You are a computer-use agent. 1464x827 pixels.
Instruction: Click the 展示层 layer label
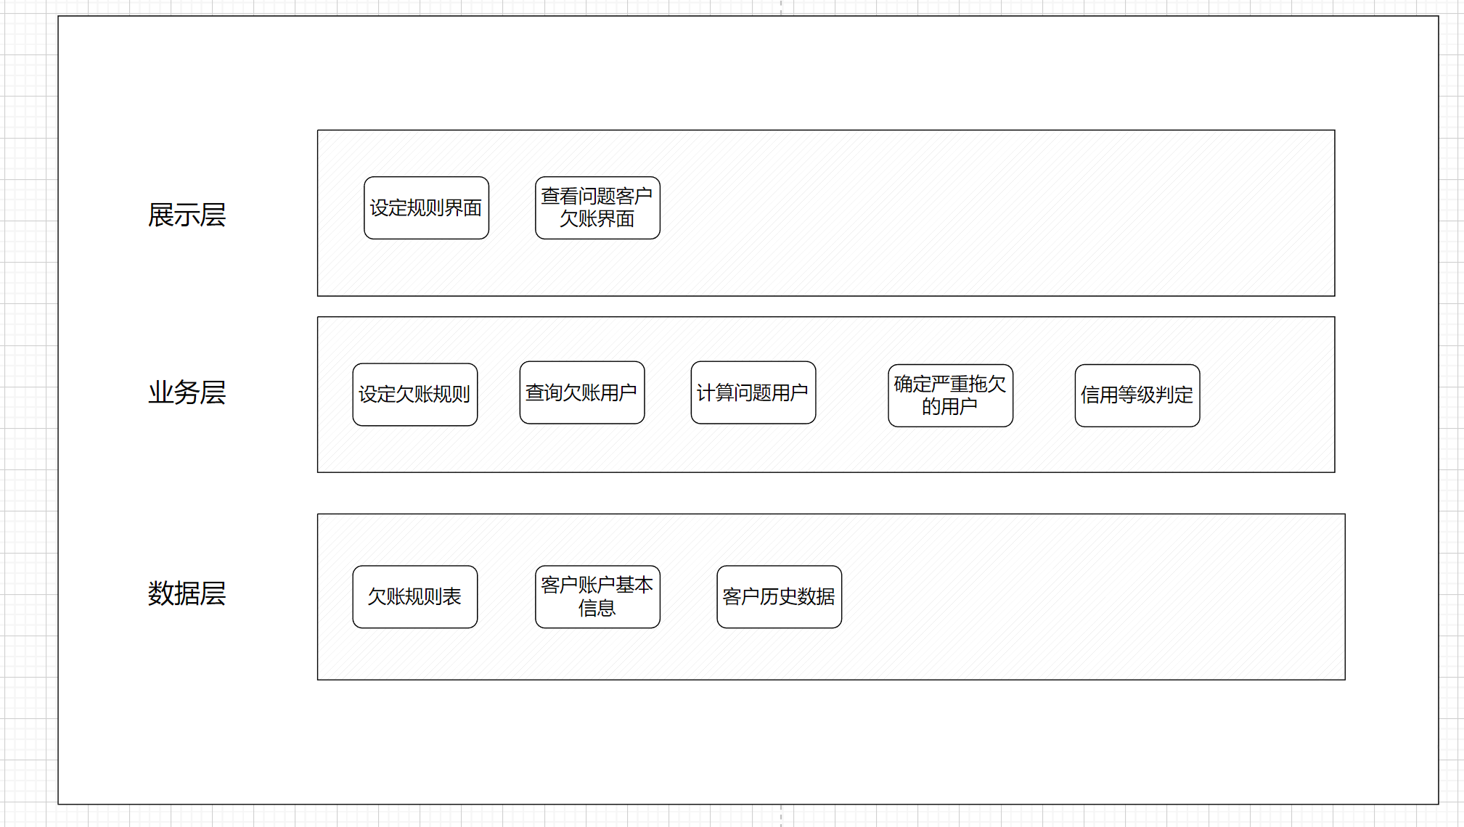click(x=187, y=215)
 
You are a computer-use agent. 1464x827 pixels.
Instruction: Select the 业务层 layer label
click(x=187, y=392)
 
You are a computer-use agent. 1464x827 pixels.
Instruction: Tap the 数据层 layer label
click(x=187, y=593)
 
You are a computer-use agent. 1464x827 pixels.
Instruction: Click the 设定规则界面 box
click(x=426, y=208)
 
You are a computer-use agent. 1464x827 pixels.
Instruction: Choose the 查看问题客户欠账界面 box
click(x=597, y=208)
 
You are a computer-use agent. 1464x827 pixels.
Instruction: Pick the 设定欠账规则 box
click(x=414, y=395)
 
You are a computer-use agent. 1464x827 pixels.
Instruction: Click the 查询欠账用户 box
click(x=581, y=392)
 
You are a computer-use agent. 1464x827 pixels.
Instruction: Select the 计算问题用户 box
click(x=753, y=392)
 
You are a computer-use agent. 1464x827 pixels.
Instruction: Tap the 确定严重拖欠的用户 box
click(x=950, y=395)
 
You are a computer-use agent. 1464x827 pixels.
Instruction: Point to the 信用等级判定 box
click(x=1137, y=395)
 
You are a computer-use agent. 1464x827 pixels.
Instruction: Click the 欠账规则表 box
click(x=414, y=597)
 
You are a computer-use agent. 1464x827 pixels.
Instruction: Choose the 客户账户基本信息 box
click(x=597, y=597)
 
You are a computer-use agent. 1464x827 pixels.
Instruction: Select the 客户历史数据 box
click(x=779, y=597)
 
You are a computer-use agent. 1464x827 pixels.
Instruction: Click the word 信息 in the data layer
click(x=597, y=608)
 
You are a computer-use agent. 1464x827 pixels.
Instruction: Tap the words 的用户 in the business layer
click(x=949, y=406)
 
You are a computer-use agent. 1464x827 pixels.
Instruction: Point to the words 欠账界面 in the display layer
click(x=597, y=219)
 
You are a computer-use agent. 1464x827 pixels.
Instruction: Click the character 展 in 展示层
click(x=161, y=215)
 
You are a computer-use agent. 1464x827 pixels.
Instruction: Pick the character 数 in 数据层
click(x=161, y=593)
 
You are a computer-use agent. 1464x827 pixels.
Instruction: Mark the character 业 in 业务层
click(x=161, y=392)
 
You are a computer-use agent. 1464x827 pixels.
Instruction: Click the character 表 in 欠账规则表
click(x=452, y=597)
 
